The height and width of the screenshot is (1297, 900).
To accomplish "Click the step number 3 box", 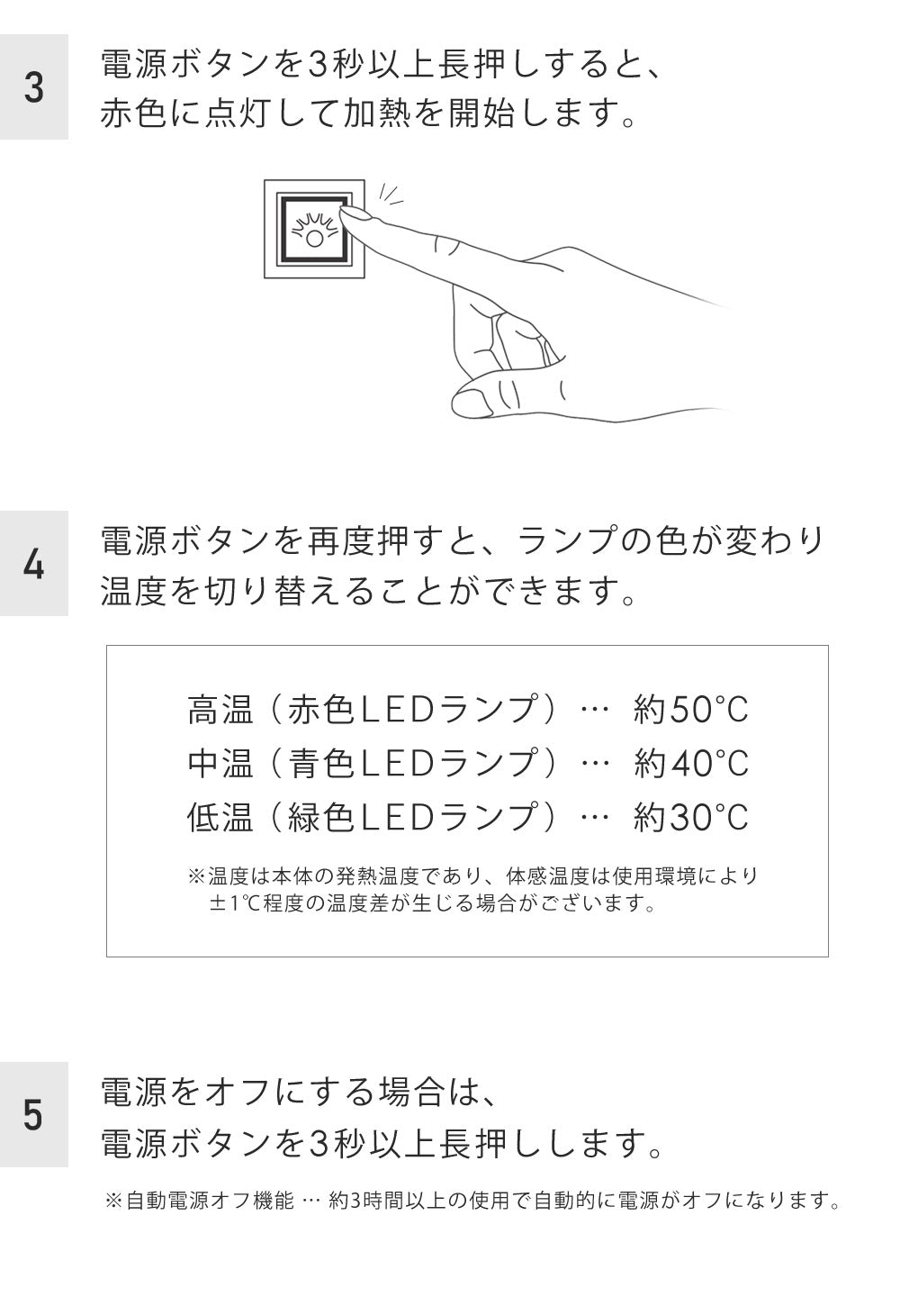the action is (33, 86).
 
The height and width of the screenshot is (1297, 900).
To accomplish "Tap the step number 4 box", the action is (33, 563).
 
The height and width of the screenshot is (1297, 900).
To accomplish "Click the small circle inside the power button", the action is (314, 239).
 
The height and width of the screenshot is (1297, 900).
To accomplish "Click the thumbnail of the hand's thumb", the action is (472, 403).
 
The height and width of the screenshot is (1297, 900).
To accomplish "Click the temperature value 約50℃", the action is (690, 710).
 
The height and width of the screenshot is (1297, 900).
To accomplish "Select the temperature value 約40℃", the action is (690, 763).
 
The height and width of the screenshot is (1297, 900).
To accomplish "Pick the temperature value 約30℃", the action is (690, 816).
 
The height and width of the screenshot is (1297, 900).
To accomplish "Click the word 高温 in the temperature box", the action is (220, 710).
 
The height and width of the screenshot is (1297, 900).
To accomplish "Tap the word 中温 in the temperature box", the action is (220, 763).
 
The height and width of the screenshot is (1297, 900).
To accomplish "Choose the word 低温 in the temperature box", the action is (220, 816).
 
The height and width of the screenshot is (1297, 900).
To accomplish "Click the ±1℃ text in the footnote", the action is (235, 902).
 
